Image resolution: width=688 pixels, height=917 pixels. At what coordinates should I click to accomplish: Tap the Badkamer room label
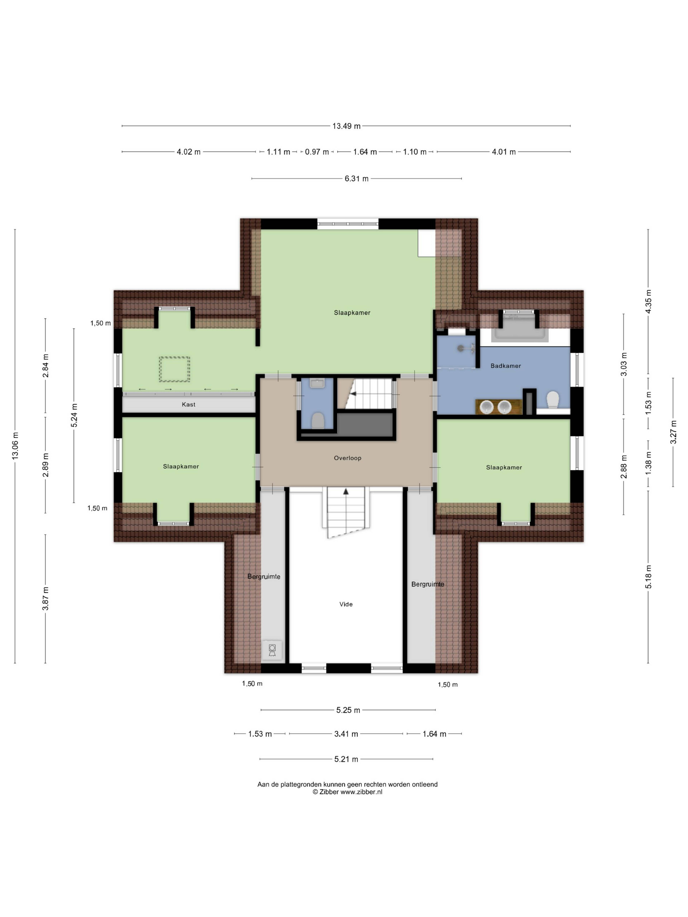(506, 366)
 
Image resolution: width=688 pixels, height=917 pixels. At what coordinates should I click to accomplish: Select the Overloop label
(348, 458)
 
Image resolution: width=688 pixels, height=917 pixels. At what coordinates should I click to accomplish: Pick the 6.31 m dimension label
(356, 179)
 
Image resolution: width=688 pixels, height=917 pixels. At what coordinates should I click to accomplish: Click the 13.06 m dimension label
(15, 446)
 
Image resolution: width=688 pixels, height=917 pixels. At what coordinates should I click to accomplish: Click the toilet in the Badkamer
(553, 400)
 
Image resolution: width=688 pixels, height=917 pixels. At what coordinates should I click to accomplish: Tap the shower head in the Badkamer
(461, 348)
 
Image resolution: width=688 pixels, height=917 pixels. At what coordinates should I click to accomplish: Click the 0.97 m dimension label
(317, 152)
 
